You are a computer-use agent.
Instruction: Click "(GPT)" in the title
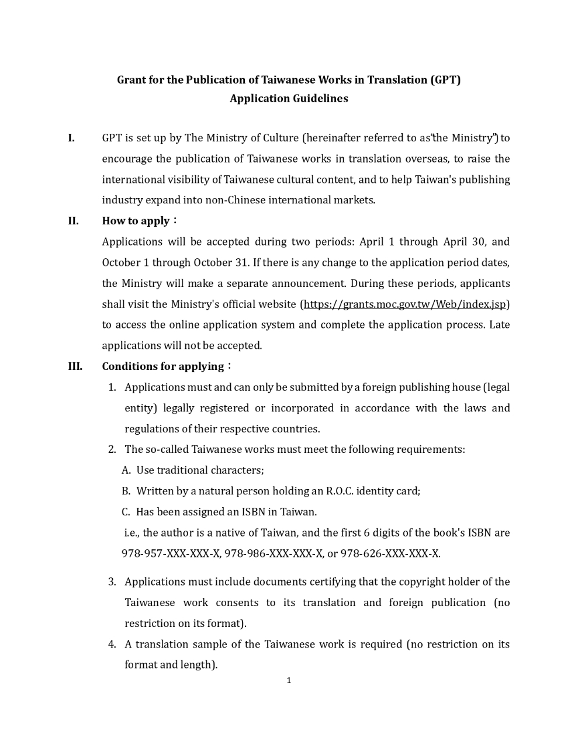[x=445, y=80]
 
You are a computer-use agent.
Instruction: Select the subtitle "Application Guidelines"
[x=289, y=99]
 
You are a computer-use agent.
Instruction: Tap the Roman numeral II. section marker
[x=73, y=221]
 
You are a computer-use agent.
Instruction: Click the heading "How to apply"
[x=136, y=221]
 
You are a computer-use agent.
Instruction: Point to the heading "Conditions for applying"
[x=163, y=366]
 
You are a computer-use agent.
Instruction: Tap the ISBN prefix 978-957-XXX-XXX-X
[x=171, y=553]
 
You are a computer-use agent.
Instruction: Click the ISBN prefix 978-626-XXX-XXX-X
[x=390, y=553]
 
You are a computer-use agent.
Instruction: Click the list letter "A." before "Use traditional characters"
[x=126, y=470]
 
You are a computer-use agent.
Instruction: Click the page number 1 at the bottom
[x=289, y=680]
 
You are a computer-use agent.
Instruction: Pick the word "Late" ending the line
[x=499, y=325]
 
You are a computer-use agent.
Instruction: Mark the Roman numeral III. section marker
[x=75, y=366]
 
